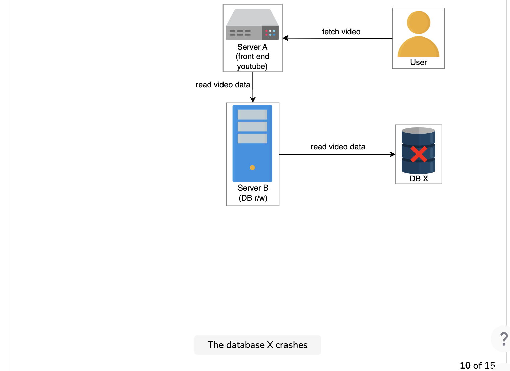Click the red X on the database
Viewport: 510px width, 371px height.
[x=419, y=154]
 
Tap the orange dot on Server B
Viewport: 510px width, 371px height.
[x=252, y=168]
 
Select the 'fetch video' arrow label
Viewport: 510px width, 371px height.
[x=341, y=32]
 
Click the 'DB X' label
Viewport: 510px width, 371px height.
[x=419, y=179]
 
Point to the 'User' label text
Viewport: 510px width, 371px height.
[x=419, y=62]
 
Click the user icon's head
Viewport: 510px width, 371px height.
[x=419, y=22]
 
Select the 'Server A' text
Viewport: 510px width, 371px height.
[x=252, y=47]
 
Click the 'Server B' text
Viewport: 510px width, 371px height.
[x=253, y=188]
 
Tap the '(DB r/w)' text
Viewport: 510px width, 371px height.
[x=253, y=198]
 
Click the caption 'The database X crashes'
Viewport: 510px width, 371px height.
[x=257, y=345]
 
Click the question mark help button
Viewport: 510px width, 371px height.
[x=504, y=339]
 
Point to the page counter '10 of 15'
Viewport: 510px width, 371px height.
[x=477, y=366]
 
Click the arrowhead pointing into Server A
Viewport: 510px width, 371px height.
[x=285, y=38]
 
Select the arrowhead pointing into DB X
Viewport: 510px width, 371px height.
[x=392, y=154]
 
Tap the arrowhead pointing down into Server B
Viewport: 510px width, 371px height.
[x=253, y=100]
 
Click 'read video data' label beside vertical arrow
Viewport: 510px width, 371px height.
[x=223, y=85]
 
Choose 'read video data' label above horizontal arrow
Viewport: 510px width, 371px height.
[x=338, y=147]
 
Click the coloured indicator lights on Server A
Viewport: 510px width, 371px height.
[x=270, y=33]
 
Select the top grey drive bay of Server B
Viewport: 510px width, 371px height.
[x=252, y=115]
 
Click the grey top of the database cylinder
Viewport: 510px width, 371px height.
[x=419, y=130]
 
